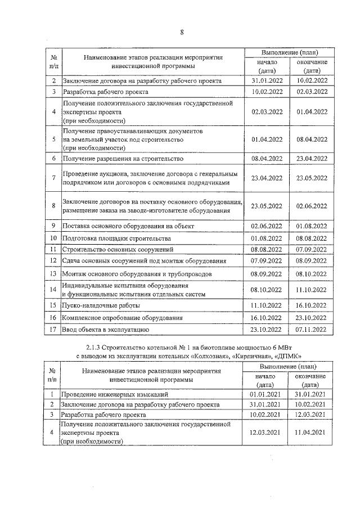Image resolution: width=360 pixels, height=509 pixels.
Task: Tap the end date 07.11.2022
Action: [x=311, y=329]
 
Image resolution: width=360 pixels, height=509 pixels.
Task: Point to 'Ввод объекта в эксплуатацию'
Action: [x=106, y=329]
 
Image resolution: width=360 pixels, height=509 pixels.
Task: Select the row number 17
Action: [x=52, y=329]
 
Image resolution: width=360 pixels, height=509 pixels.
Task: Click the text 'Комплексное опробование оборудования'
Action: [x=123, y=317]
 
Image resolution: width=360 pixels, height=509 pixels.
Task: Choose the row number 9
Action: [x=52, y=226]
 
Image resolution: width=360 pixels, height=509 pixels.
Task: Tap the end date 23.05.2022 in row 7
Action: [x=311, y=178]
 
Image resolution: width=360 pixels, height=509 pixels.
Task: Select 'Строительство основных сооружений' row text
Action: [x=118, y=249]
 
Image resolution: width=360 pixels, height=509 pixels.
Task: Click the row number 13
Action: [x=52, y=274]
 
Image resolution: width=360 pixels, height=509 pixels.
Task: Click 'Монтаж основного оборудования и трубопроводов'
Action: [x=137, y=274]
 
